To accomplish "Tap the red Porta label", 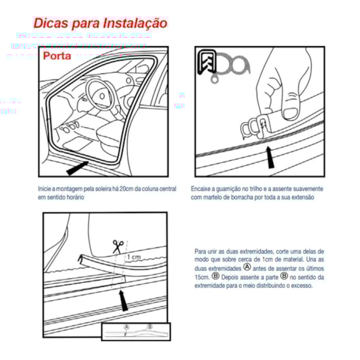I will [60, 56].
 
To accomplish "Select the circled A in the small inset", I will [126, 327].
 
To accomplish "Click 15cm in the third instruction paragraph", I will [202, 276].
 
